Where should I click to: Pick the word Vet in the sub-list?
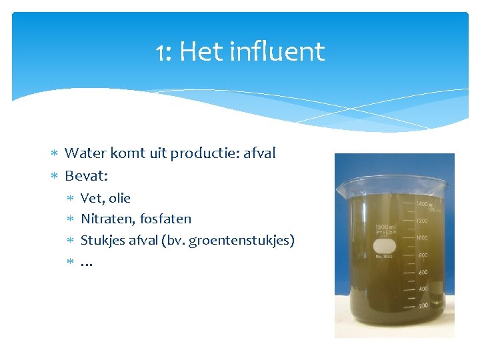tap(91, 198)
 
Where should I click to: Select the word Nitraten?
tap(107, 219)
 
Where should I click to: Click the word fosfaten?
tap(165, 219)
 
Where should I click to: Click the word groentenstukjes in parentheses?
tap(239, 241)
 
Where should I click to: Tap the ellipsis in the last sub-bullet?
tap(87, 263)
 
